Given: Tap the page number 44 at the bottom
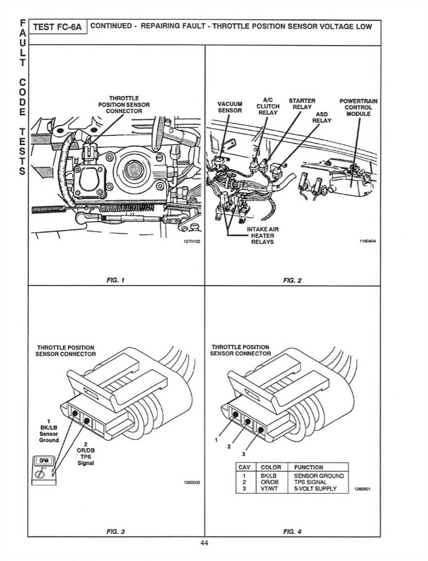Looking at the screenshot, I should pos(204,542).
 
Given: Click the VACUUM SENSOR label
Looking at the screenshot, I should pos(230,107).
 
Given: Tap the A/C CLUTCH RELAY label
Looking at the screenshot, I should pos(268,106).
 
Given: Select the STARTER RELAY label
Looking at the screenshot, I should pos(302,104).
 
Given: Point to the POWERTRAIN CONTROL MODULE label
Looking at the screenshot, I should pos(358,107).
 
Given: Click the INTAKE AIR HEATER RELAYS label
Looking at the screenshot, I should pos(262,236).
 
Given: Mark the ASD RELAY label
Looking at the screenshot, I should pos(322,117).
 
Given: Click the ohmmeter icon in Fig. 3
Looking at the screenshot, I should pos(43,468).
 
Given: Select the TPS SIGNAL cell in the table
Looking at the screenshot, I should pos(311,482).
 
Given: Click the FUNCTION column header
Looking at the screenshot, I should pos(308,467).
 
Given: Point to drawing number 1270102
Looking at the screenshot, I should pos(190,241).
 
